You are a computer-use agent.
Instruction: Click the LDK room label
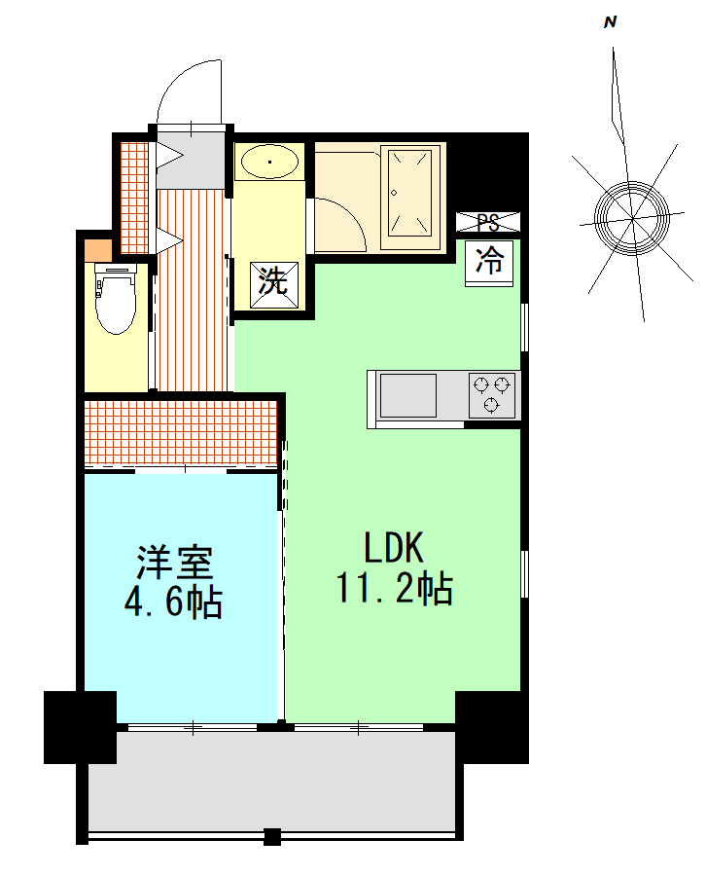(394, 547)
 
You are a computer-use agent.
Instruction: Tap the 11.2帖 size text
(394, 588)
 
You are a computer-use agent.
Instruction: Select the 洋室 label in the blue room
(175, 562)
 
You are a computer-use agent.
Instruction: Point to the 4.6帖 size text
(173, 602)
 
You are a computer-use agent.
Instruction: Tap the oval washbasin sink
(269, 162)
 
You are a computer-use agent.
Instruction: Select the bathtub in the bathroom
(410, 198)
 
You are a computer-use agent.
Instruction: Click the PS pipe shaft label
(488, 222)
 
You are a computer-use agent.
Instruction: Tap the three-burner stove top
(492, 395)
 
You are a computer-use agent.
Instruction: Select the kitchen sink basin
(408, 395)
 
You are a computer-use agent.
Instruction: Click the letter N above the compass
(610, 22)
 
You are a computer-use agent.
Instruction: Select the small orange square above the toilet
(98, 250)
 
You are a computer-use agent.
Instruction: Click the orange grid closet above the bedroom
(180, 433)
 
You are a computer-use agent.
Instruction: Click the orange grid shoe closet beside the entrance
(134, 198)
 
